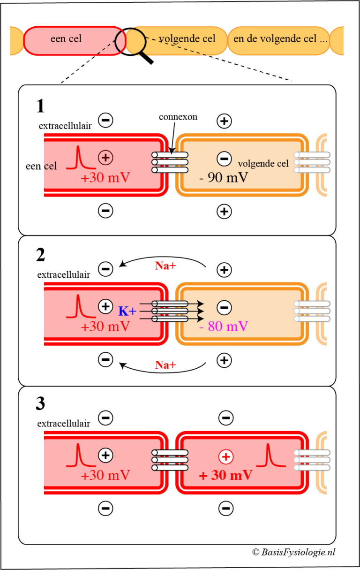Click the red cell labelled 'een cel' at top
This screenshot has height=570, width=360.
point(70,40)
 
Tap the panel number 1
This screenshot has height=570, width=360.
point(41,107)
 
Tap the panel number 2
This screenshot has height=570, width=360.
point(41,255)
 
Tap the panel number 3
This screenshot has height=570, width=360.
point(41,403)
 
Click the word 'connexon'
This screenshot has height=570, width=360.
point(178,117)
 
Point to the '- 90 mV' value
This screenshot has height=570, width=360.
point(224,178)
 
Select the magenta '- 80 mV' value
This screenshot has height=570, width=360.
point(224,326)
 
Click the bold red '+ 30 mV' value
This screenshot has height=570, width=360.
point(226,475)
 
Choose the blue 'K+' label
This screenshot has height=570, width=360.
point(127,311)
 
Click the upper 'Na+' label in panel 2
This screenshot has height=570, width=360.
point(165,266)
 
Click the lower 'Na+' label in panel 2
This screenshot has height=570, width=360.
point(165,365)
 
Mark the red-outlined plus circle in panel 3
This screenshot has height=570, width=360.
point(226,456)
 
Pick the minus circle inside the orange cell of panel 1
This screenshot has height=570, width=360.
point(224,159)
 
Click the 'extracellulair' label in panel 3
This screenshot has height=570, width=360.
point(63,424)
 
